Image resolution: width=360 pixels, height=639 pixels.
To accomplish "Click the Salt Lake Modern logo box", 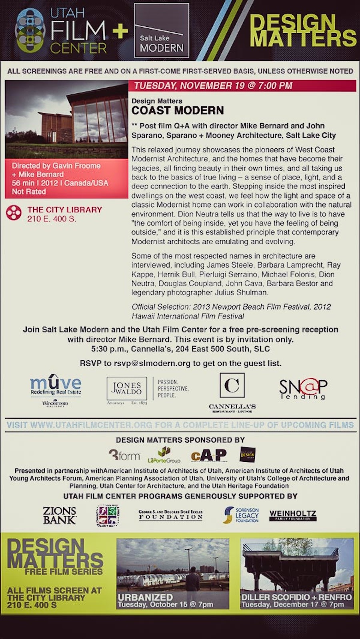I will coord(162,30).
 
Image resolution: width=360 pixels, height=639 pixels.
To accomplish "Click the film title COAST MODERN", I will coord(178,111).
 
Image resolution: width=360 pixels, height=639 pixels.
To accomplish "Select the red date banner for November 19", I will coord(242,86).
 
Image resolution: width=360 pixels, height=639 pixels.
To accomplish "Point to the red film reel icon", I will coord(14,212).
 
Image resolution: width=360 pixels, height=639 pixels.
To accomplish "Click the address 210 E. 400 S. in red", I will coord(52,219).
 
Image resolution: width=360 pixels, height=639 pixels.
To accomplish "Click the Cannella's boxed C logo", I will coord(232,385).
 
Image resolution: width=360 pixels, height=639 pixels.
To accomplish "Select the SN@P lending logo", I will coord(303,388).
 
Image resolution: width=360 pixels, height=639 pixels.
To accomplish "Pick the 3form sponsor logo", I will coord(124,455).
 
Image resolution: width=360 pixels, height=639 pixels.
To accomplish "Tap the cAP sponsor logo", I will coord(208,455).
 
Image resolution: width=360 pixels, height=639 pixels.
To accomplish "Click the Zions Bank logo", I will coord(60,515).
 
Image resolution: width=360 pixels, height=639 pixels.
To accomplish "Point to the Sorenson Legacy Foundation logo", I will coord(241,515).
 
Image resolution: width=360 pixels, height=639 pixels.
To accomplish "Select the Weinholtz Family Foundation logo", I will coord(293,515).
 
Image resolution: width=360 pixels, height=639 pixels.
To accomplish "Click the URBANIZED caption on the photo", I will coord(145,597).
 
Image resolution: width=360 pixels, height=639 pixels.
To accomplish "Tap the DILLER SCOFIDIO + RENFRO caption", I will coord(296,597).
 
